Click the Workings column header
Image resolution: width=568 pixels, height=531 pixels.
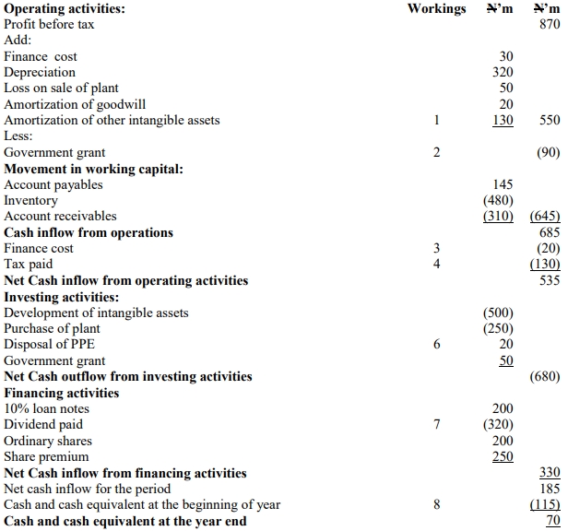click(437, 8)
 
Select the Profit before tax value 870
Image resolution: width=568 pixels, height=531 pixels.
click(549, 25)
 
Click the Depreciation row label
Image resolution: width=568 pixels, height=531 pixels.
click(41, 73)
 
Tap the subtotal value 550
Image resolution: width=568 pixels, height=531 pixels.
click(549, 121)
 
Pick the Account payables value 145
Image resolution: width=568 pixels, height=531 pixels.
click(503, 185)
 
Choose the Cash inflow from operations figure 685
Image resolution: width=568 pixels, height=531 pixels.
click(549, 233)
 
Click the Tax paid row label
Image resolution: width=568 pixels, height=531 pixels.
click(30, 265)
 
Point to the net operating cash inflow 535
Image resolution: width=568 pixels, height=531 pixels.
click(549, 281)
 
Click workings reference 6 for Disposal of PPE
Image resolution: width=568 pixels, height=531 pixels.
click(437, 345)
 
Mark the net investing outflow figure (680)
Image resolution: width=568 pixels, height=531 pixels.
click(546, 377)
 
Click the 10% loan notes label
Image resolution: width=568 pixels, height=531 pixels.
click(48, 409)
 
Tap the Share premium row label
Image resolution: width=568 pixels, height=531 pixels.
click(47, 457)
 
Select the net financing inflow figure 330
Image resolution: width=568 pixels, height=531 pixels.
click(549, 473)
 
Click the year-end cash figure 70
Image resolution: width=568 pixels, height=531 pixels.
click(552, 521)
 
